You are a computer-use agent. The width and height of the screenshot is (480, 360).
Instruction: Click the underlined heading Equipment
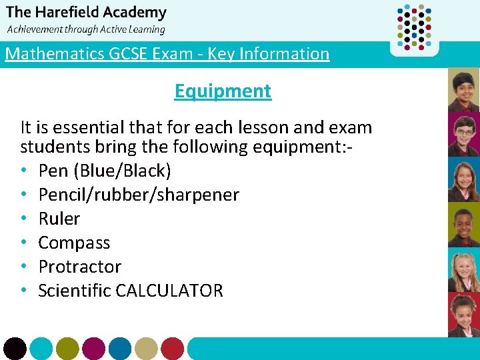point(223,91)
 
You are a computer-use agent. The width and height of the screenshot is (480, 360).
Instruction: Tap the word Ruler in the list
point(59,219)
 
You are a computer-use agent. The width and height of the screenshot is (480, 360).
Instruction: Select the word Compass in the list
point(74,243)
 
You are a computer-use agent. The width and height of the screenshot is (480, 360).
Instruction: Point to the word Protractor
point(80,267)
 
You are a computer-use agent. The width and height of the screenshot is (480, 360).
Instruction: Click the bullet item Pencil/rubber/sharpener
point(139,195)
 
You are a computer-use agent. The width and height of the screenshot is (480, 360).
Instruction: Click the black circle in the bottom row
point(15,348)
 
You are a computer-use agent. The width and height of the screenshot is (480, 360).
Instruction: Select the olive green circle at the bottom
point(67,348)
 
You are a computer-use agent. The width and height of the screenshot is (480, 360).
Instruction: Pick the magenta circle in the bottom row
point(93,348)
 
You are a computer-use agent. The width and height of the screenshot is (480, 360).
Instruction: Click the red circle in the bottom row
point(172,348)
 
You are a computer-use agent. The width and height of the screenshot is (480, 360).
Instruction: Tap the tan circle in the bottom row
point(146,348)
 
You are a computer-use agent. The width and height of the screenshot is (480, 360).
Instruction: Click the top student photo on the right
point(463,89)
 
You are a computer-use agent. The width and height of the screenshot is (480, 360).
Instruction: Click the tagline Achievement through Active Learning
point(85,29)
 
